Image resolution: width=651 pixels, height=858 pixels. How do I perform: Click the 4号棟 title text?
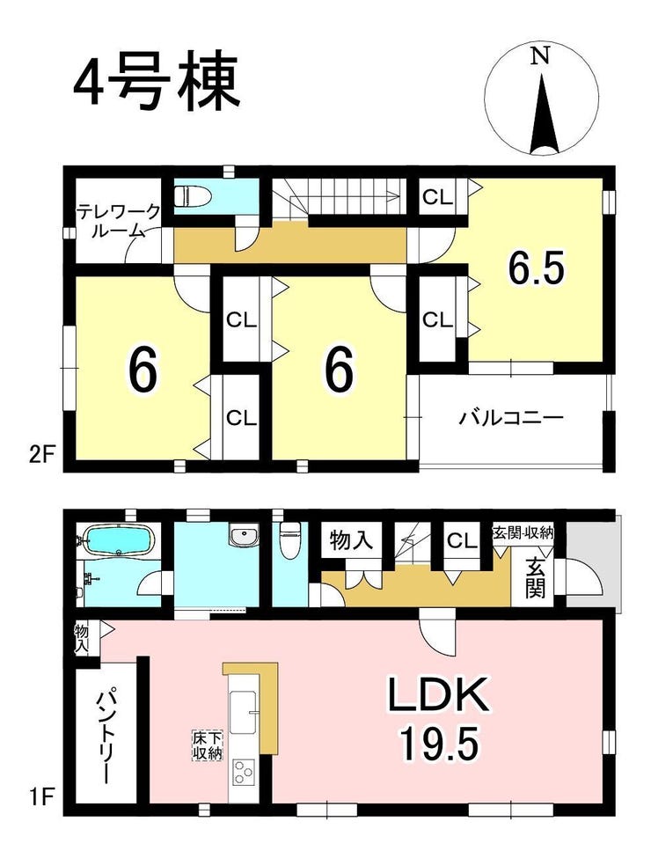(157, 82)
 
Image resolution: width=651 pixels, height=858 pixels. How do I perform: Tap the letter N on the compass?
(540, 55)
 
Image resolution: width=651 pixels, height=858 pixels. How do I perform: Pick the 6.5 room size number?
(536, 268)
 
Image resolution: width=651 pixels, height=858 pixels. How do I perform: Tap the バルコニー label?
(510, 419)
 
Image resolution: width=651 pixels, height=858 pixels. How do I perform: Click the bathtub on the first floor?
(118, 540)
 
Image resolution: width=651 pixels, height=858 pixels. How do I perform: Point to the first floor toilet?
(289, 538)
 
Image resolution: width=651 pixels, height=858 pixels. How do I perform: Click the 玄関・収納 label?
(523, 532)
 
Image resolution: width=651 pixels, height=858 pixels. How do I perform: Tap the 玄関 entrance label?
(535, 577)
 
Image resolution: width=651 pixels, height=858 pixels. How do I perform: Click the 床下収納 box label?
(206, 744)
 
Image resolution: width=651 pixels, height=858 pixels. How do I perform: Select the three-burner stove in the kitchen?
(242, 773)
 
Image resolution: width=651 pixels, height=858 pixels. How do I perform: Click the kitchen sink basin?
(243, 711)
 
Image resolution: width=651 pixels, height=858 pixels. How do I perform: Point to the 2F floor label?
(39, 455)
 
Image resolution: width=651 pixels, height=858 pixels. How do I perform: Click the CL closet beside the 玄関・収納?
(462, 542)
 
